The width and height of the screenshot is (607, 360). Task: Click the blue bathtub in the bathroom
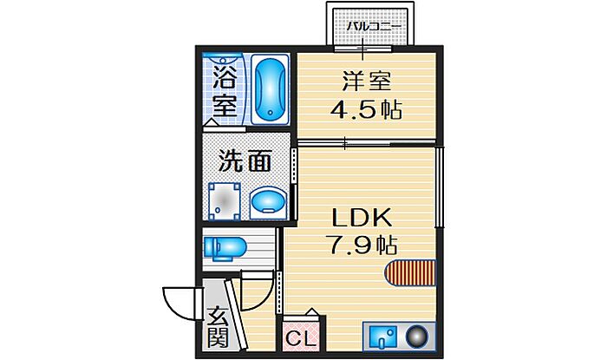click(x=271, y=88)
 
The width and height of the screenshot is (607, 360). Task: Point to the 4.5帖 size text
click(x=366, y=111)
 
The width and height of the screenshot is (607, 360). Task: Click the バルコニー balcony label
click(x=374, y=28)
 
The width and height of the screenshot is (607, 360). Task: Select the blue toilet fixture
click(x=224, y=248)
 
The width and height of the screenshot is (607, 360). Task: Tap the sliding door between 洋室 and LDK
click(x=364, y=142)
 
